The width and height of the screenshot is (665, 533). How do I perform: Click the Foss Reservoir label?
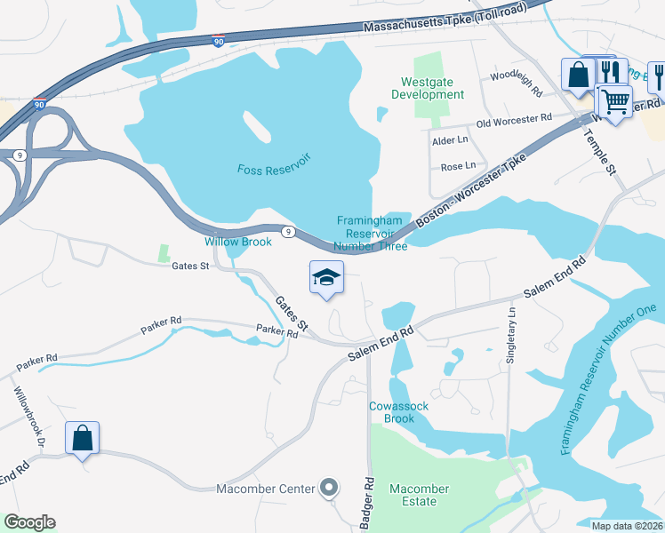pyautogui.click(x=273, y=169)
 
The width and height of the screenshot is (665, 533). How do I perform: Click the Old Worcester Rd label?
pyautogui.click(x=514, y=120)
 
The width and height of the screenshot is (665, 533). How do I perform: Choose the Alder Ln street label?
pyautogui.click(x=449, y=140)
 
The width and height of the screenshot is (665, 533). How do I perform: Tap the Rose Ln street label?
pyautogui.click(x=458, y=166)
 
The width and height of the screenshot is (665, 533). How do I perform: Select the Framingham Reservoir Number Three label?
pyautogui.click(x=372, y=234)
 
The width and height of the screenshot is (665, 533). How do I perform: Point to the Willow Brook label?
pyautogui.click(x=238, y=242)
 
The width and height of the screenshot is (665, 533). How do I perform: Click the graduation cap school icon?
pyautogui.click(x=326, y=277)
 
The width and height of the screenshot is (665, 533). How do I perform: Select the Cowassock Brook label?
pyautogui.click(x=392, y=412)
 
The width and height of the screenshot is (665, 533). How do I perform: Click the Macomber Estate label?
pyautogui.click(x=419, y=495)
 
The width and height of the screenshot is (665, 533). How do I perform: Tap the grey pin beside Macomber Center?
pyautogui.click(x=330, y=487)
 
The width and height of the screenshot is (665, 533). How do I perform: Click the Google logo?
pyautogui.click(x=29, y=522)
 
